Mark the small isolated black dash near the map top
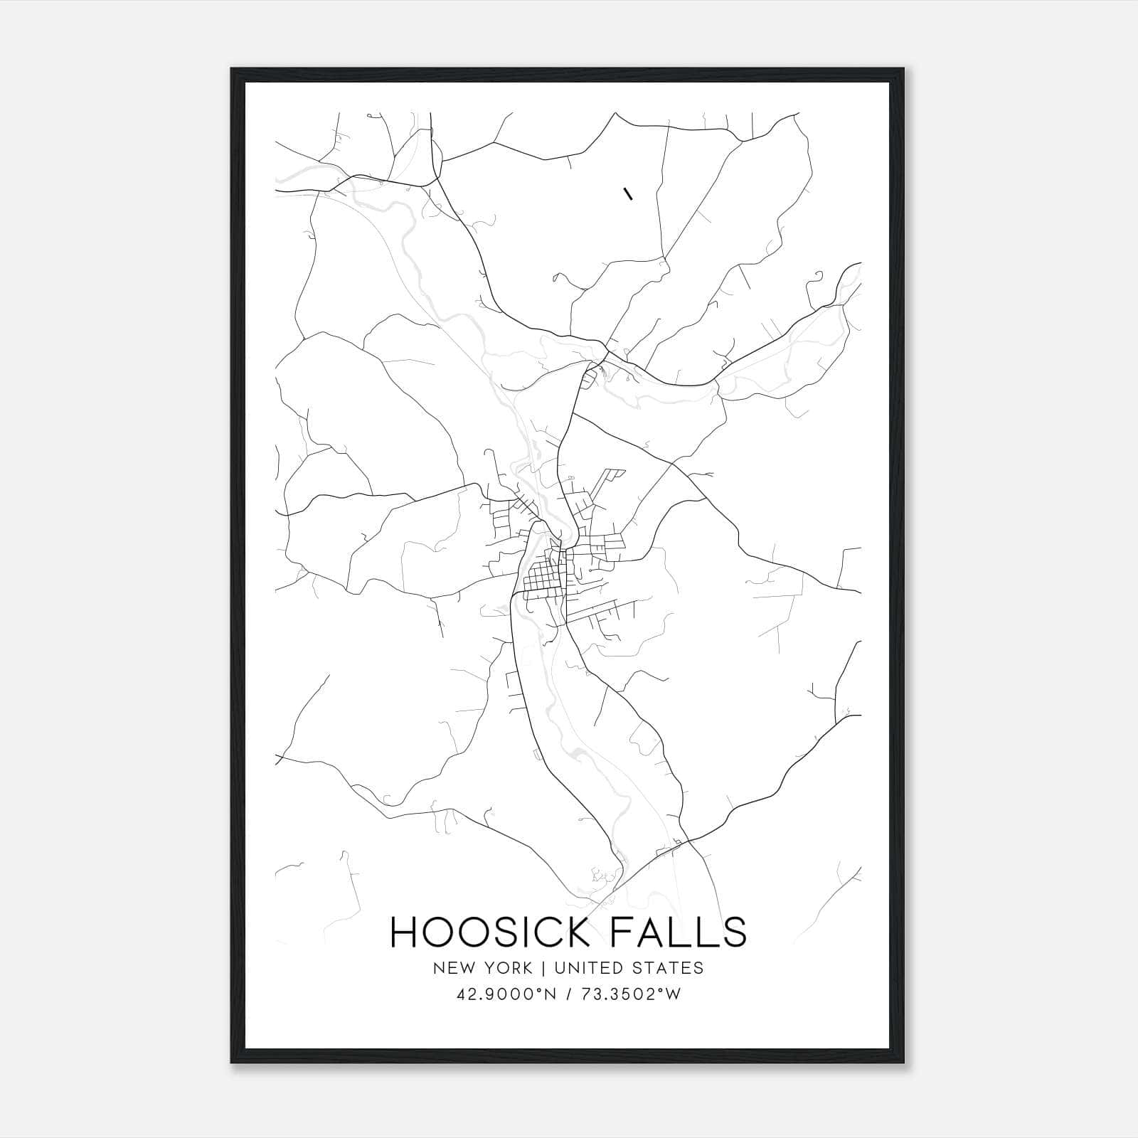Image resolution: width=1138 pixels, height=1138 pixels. click(627, 193)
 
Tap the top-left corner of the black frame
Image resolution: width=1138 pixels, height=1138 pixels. click(233, 70)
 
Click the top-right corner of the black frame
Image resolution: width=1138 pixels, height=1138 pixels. click(903, 70)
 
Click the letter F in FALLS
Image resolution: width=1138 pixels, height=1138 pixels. click(622, 932)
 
